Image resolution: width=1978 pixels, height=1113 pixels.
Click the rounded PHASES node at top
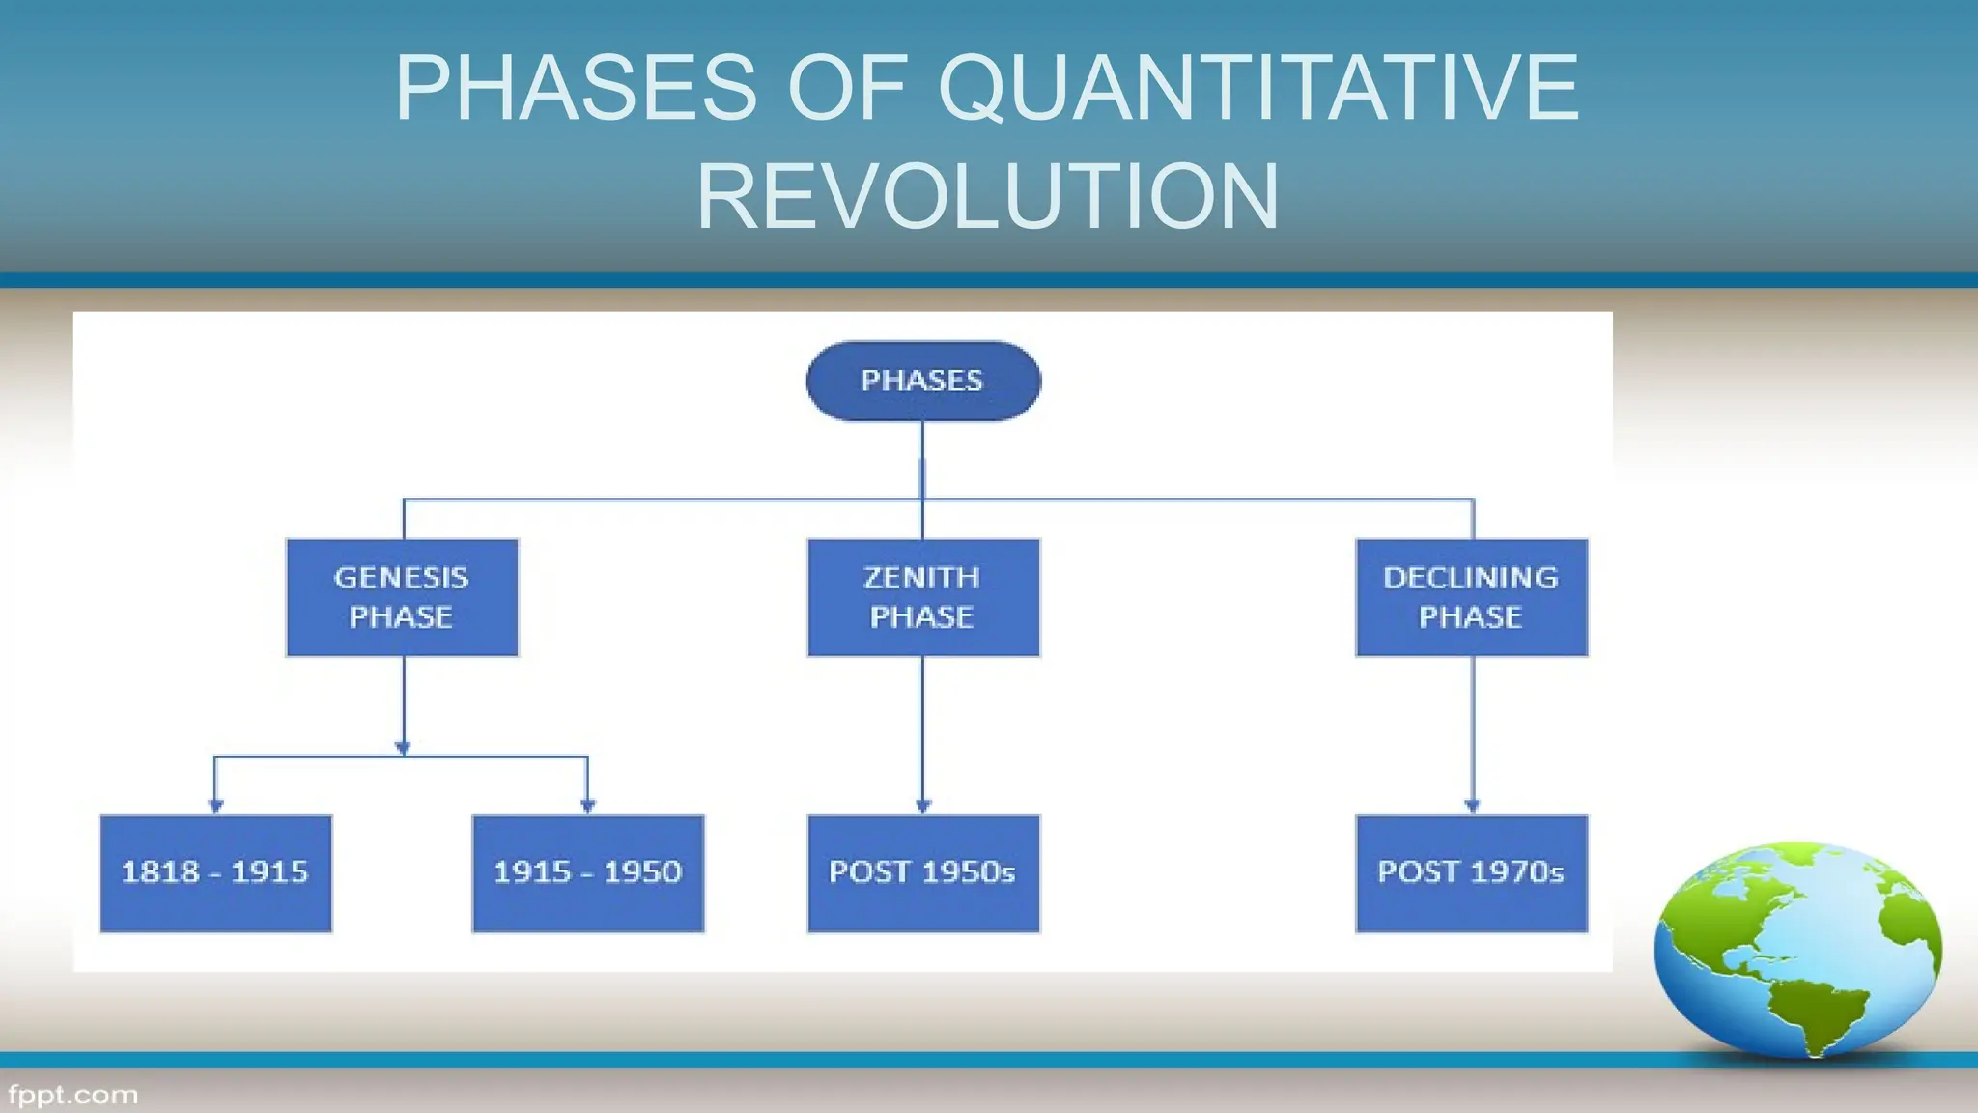pyautogui.click(x=923, y=381)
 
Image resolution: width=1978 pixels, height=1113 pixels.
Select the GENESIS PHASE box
pyautogui.click(x=402, y=597)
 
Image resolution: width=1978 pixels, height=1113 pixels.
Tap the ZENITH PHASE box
pyautogui.click(x=923, y=597)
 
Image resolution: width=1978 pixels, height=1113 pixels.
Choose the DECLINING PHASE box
pyautogui.click(x=1471, y=597)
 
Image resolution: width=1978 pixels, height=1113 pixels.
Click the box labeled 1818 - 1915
pyautogui.click(x=215, y=873)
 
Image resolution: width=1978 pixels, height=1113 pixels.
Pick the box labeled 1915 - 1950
pyautogui.click(x=587, y=873)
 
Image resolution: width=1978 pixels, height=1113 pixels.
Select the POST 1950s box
pyautogui.click(x=923, y=873)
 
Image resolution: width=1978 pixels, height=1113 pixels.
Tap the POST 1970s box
pyautogui.click(x=1471, y=873)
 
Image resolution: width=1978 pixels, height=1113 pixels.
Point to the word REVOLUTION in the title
pyautogui.click(x=988, y=197)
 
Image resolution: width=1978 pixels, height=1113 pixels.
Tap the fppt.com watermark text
pyautogui.click(x=72, y=1095)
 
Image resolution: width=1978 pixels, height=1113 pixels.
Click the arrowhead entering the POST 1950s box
pyautogui.click(x=923, y=806)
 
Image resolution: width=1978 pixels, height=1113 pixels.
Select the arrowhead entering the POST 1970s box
pyautogui.click(x=1472, y=806)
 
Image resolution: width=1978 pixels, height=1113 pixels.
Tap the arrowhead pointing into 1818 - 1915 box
pyautogui.click(x=215, y=806)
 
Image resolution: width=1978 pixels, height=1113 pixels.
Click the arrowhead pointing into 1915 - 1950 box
pyautogui.click(x=587, y=806)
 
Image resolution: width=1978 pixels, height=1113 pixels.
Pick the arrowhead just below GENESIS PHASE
pyautogui.click(x=403, y=748)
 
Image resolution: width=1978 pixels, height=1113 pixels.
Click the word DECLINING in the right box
pyautogui.click(x=1470, y=578)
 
